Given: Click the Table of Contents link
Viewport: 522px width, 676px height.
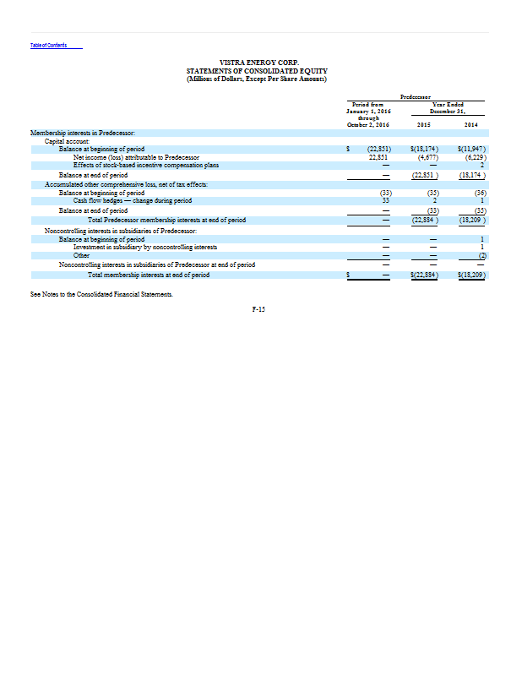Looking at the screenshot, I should tap(48, 45).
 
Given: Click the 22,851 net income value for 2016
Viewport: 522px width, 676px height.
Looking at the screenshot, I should tap(378, 157).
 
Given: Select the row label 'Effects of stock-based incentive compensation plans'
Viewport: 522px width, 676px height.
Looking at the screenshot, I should tap(146, 165).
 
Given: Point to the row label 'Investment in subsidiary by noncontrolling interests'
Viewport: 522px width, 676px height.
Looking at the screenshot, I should tap(144, 247).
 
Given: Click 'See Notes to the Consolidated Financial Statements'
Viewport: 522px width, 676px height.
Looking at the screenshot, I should tap(101, 292).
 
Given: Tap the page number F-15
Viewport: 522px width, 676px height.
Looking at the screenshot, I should tap(258, 310).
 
